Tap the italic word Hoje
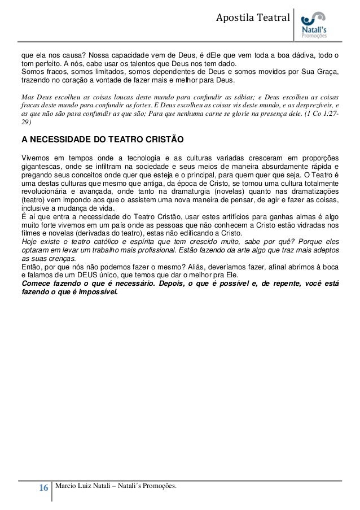tap(28, 241)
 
